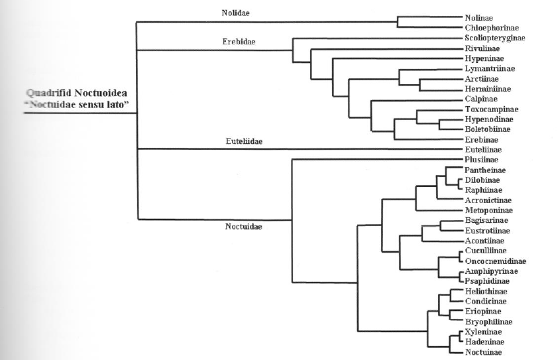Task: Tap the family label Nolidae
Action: click(236, 13)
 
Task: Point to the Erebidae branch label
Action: click(239, 42)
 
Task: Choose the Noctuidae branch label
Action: click(243, 227)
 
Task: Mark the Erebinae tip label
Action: click(479, 139)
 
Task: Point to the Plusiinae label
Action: click(479, 160)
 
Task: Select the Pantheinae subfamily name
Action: click(482, 170)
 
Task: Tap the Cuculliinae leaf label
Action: click(482, 251)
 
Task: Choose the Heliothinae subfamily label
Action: click(483, 291)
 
